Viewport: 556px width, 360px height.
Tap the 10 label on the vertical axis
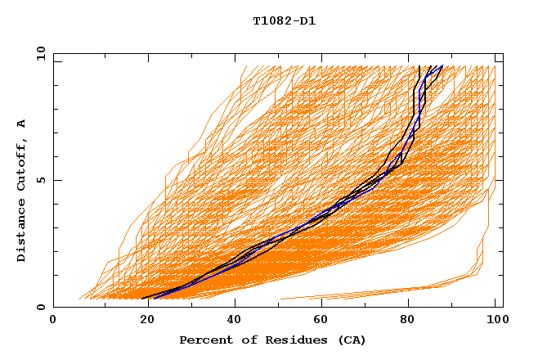(38, 53)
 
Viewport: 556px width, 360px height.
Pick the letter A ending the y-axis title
(22, 124)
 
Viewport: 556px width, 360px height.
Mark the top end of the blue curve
(442, 66)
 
